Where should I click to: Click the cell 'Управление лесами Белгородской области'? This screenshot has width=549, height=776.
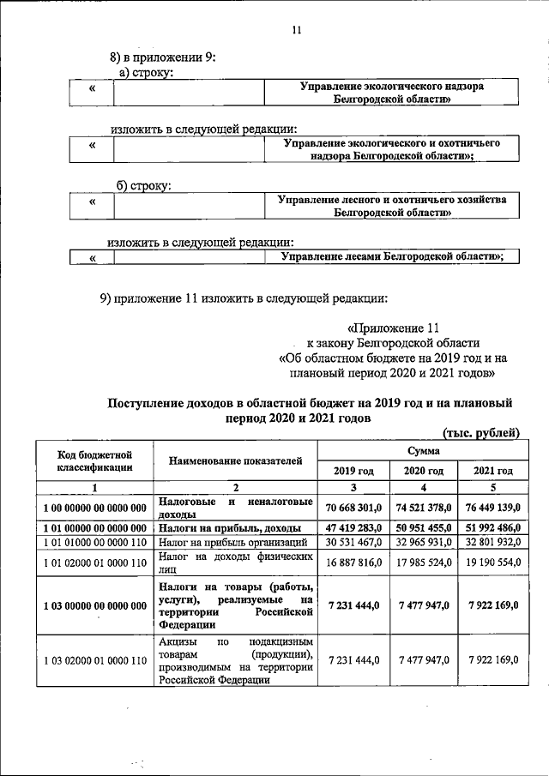tap(391, 256)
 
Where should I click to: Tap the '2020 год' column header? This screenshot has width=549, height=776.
tap(423, 471)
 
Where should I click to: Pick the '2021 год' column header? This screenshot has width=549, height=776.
tap(492, 471)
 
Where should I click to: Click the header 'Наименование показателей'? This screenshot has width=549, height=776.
tap(235, 461)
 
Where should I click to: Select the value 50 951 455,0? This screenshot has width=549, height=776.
tap(423, 528)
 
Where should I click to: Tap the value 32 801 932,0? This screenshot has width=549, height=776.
tap(492, 543)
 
